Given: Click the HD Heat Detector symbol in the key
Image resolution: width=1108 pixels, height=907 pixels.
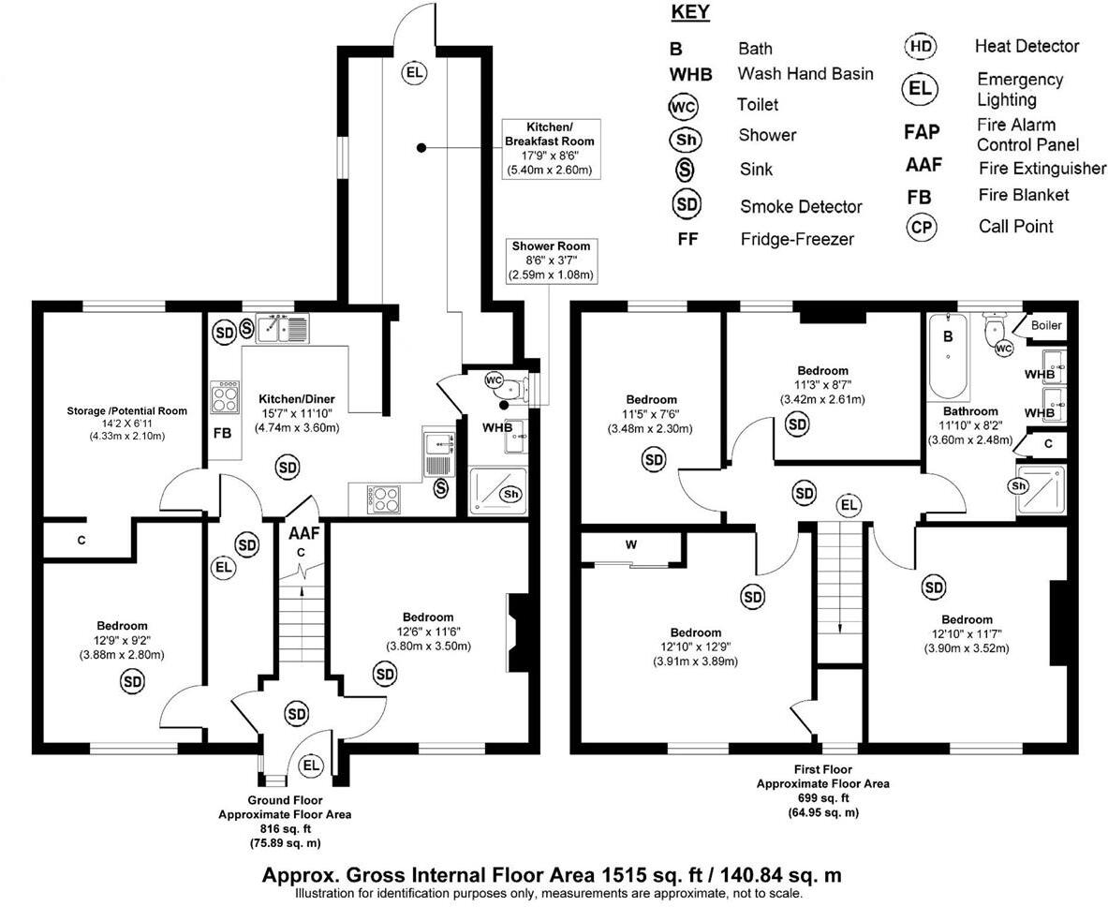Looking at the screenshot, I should point(921,47).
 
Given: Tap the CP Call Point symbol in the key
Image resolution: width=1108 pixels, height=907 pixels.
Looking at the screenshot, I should point(921,227).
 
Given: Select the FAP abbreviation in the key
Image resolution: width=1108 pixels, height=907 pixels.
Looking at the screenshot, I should point(922,132).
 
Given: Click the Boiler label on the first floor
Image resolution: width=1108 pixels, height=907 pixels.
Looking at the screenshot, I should point(1046,325).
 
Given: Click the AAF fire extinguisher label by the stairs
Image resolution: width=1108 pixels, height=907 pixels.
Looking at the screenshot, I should point(304,533).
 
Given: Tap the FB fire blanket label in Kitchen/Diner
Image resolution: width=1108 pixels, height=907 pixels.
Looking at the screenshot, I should point(222,434).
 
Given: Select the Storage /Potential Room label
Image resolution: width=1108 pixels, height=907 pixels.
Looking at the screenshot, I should point(127,410).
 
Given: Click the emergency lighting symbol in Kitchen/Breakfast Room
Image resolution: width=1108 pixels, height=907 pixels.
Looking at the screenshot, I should point(412,72).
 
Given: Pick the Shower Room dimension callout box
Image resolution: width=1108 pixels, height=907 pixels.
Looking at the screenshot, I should point(552,261).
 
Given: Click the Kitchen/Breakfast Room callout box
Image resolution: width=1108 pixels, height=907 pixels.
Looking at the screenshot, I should point(552,148).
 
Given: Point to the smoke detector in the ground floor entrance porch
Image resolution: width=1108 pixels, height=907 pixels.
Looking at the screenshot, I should point(297,713).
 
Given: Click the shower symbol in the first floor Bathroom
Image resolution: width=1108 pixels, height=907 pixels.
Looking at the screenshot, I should point(1020,485).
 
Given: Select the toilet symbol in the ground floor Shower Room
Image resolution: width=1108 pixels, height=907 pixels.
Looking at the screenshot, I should point(495,380).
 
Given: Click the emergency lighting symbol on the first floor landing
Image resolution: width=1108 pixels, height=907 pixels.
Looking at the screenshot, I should point(849,505).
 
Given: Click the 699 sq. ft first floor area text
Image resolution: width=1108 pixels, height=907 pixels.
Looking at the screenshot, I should point(823,797).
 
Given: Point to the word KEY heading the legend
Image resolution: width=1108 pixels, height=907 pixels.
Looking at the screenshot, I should point(690,13).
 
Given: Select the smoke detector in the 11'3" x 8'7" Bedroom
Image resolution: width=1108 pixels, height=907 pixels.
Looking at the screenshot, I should point(797,424).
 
